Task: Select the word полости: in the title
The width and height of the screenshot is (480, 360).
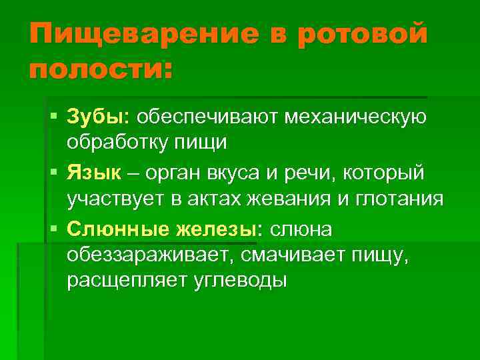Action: (100, 69)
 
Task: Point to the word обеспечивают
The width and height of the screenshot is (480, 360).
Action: (208, 117)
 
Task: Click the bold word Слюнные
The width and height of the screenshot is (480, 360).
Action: (117, 229)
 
